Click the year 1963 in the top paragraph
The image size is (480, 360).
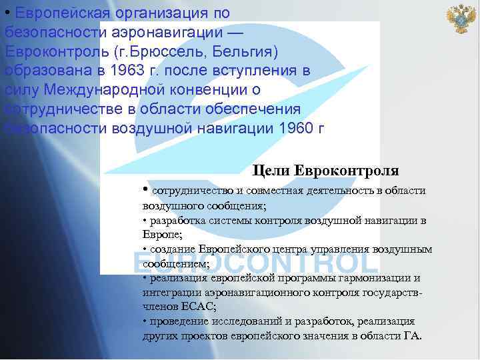click(x=132, y=71)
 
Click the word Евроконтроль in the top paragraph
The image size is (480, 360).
click(x=56, y=51)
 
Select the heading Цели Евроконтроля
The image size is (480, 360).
click(x=326, y=171)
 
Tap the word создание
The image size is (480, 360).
click(x=171, y=249)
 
